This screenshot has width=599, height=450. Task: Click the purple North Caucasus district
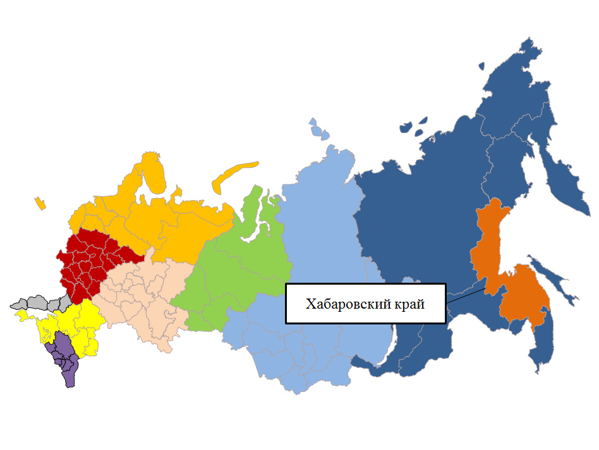[x=64, y=357]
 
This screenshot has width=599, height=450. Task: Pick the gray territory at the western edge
[x=38, y=302]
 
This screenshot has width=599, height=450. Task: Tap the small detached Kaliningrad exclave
[x=40, y=203]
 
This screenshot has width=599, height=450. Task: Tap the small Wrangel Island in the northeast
[x=481, y=66]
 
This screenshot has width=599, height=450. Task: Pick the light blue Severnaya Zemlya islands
[x=319, y=129]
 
